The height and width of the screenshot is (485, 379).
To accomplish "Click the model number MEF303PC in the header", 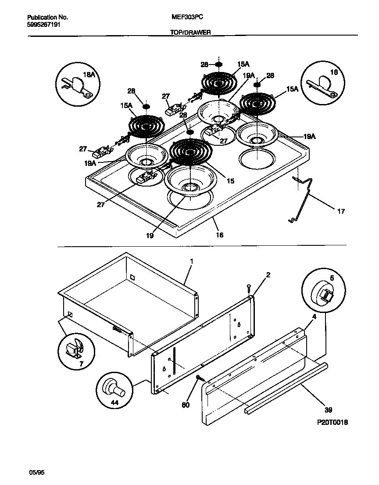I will click(x=188, y=17).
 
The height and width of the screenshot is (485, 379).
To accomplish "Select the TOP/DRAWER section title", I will click(x=190, y=32).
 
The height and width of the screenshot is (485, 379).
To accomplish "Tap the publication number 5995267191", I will click(x=44, y=25).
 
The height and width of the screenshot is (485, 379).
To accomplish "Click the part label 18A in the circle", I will click(x=89, y=75).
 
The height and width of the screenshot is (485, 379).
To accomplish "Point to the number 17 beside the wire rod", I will click(x=340, y=212).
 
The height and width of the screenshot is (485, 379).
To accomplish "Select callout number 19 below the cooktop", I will click(x=150, y=235).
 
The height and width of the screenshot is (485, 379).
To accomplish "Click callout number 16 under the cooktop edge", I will click(x=219, y=235).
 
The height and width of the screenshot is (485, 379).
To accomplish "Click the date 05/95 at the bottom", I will click(x=37, y=472).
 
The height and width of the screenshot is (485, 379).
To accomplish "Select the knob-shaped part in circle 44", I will click(x=113, y=388).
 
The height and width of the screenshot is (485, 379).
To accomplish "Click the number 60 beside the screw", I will click(x=186, y=405).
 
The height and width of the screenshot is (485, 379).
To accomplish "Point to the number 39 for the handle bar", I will click(x=329, y=410).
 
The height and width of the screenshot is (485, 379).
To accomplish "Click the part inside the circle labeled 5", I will click(x=323, y=293).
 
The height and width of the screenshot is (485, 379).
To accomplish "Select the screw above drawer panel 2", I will click(x=249, y=288).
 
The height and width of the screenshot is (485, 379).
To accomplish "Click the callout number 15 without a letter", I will click(x=231, y=180).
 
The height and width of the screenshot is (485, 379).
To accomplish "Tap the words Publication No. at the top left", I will click(x=47, y=18).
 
